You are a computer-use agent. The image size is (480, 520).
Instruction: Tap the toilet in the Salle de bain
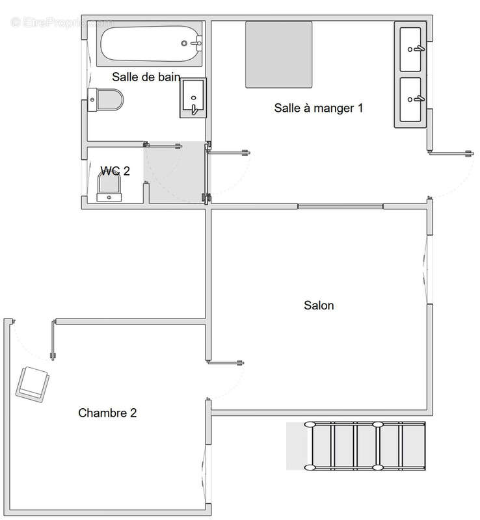(107, 100)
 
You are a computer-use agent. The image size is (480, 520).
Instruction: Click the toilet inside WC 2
(109, 189)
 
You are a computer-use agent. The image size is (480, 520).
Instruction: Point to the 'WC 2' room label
(115, 171)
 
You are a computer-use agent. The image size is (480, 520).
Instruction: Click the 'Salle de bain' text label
(146, 77)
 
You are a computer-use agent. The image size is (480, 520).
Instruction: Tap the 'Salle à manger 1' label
(318, 108)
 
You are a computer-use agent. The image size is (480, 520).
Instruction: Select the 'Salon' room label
(319, 305)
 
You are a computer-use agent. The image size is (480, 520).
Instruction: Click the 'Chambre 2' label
(107, 413)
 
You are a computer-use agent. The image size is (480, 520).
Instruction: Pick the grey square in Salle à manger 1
(279, 55)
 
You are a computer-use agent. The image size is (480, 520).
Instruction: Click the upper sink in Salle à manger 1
(411, 48)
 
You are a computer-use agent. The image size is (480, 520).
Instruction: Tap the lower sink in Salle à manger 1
(411, 101)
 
